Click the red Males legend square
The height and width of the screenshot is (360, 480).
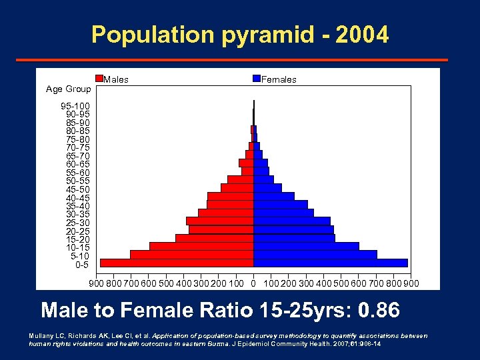click(100, 79)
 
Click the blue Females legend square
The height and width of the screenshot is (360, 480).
click(257, 79)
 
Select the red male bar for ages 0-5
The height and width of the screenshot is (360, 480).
click(177, 263)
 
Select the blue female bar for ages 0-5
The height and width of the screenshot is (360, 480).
click(330, 263)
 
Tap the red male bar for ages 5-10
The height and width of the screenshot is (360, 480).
click(191, 254)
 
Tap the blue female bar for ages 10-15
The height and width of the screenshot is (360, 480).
click(306, 246)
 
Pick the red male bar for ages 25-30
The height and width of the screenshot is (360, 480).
click(219, 221)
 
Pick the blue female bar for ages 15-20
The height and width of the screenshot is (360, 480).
click(294, 237)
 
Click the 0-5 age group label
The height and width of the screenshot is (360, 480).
click(81, 265)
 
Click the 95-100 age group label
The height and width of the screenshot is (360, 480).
click(75, 106)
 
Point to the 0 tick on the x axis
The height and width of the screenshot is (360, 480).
click(253, 283)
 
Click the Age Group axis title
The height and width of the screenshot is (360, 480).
click(68, 89)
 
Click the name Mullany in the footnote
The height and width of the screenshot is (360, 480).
click(42, 335)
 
